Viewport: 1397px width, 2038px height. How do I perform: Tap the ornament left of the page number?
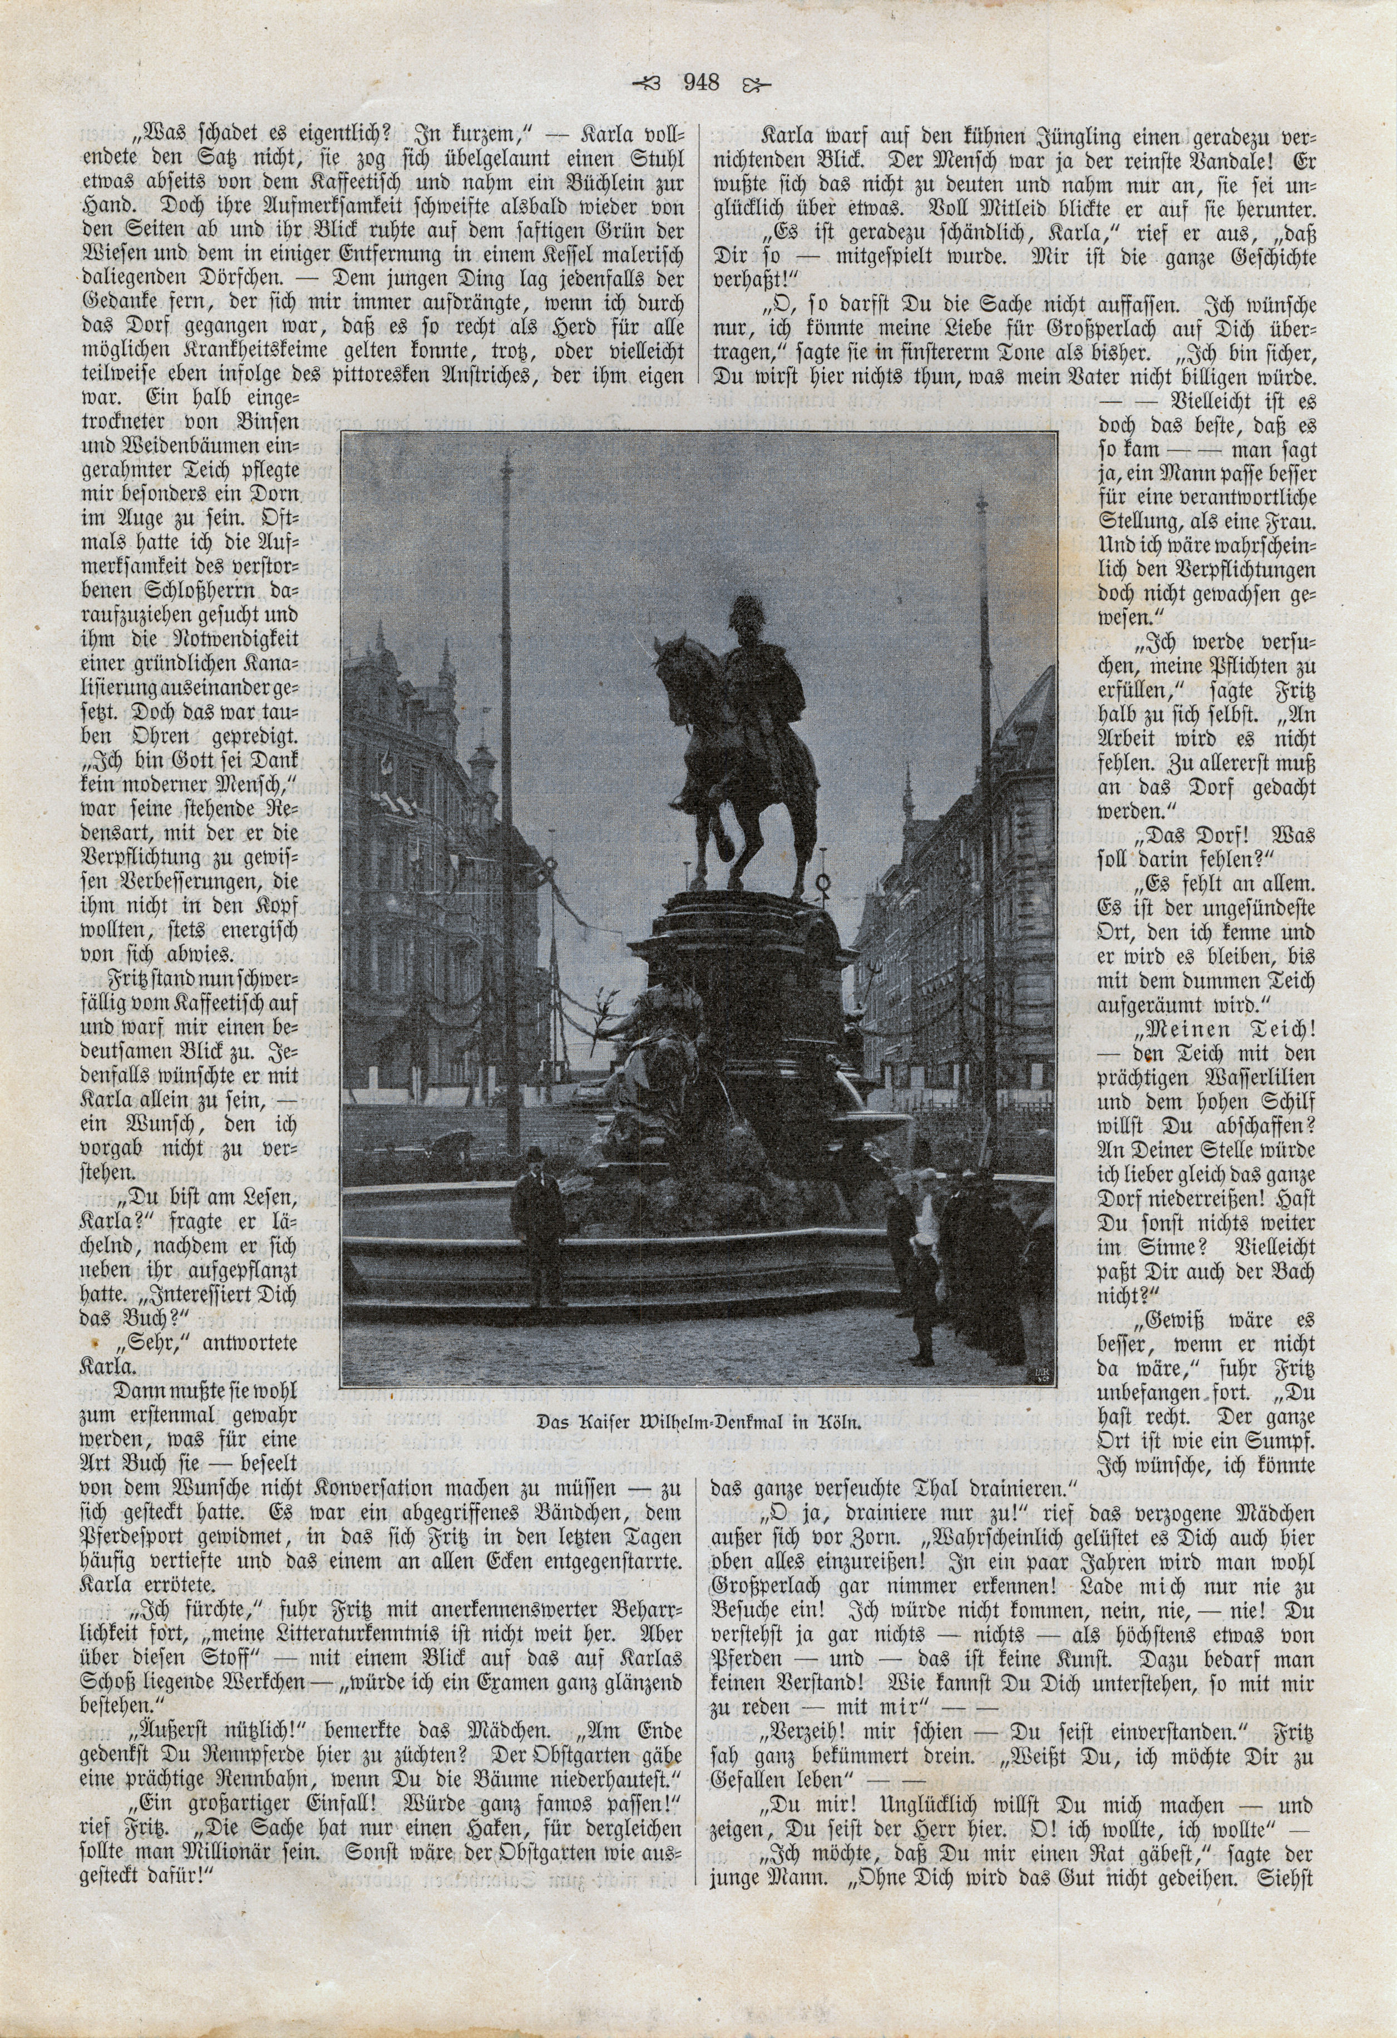[x=651, y=84]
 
